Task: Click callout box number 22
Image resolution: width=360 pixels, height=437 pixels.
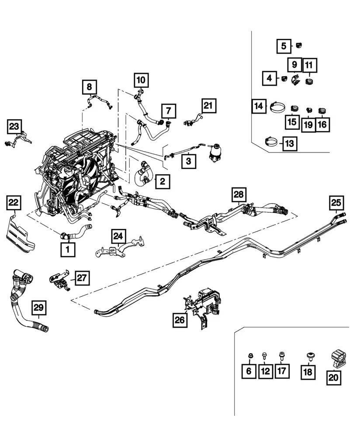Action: (14, 203)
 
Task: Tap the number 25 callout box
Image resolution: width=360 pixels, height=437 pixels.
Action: (337, 203)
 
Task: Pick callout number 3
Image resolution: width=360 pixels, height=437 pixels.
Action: (188, 162)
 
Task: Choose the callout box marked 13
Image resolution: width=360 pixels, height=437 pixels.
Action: (289, 143)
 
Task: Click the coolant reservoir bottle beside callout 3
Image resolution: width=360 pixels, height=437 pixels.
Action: (215, 153)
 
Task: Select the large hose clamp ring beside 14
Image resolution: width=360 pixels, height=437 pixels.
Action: (277, 107)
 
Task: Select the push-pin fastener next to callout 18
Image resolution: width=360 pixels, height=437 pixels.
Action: (310, 355)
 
